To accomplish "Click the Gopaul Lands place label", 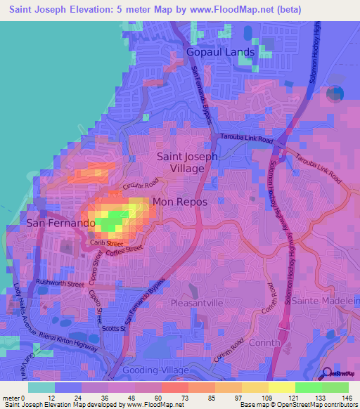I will pyautogui.click(x=219, y=52).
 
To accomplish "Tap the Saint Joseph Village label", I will pyautogui.click(x=186, y=163).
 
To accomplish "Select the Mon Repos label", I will pyautogui.click(x=180, y=202).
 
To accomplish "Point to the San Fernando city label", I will pyautogui.click(x=60, y=223).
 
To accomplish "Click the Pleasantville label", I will pyautogui.click(x=196, y=303).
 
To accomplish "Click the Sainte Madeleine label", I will pyautogui.click(x=330, y=300).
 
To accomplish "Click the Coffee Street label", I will pyautogui.click(x=126, y=249).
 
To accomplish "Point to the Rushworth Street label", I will pyautogui.click(x=60, y=283).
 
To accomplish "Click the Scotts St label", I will pyautogui.click(x=112, y=328).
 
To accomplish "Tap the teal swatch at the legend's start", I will pyautogui.click(x=41, y=387).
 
